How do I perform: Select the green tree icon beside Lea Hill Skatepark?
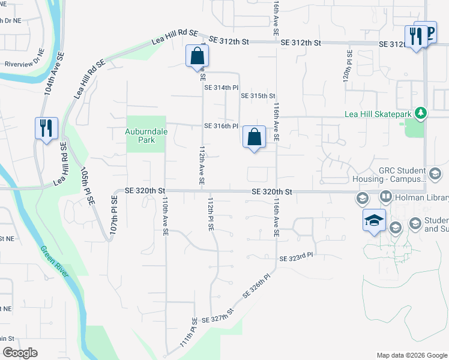[421, 113]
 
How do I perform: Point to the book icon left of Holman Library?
[385, 196]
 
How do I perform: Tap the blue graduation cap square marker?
[374, 220]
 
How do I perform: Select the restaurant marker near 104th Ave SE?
[46, 128]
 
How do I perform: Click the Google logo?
[20, 352]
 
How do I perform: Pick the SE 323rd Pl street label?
[297, 257]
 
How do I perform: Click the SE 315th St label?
[258, 96]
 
